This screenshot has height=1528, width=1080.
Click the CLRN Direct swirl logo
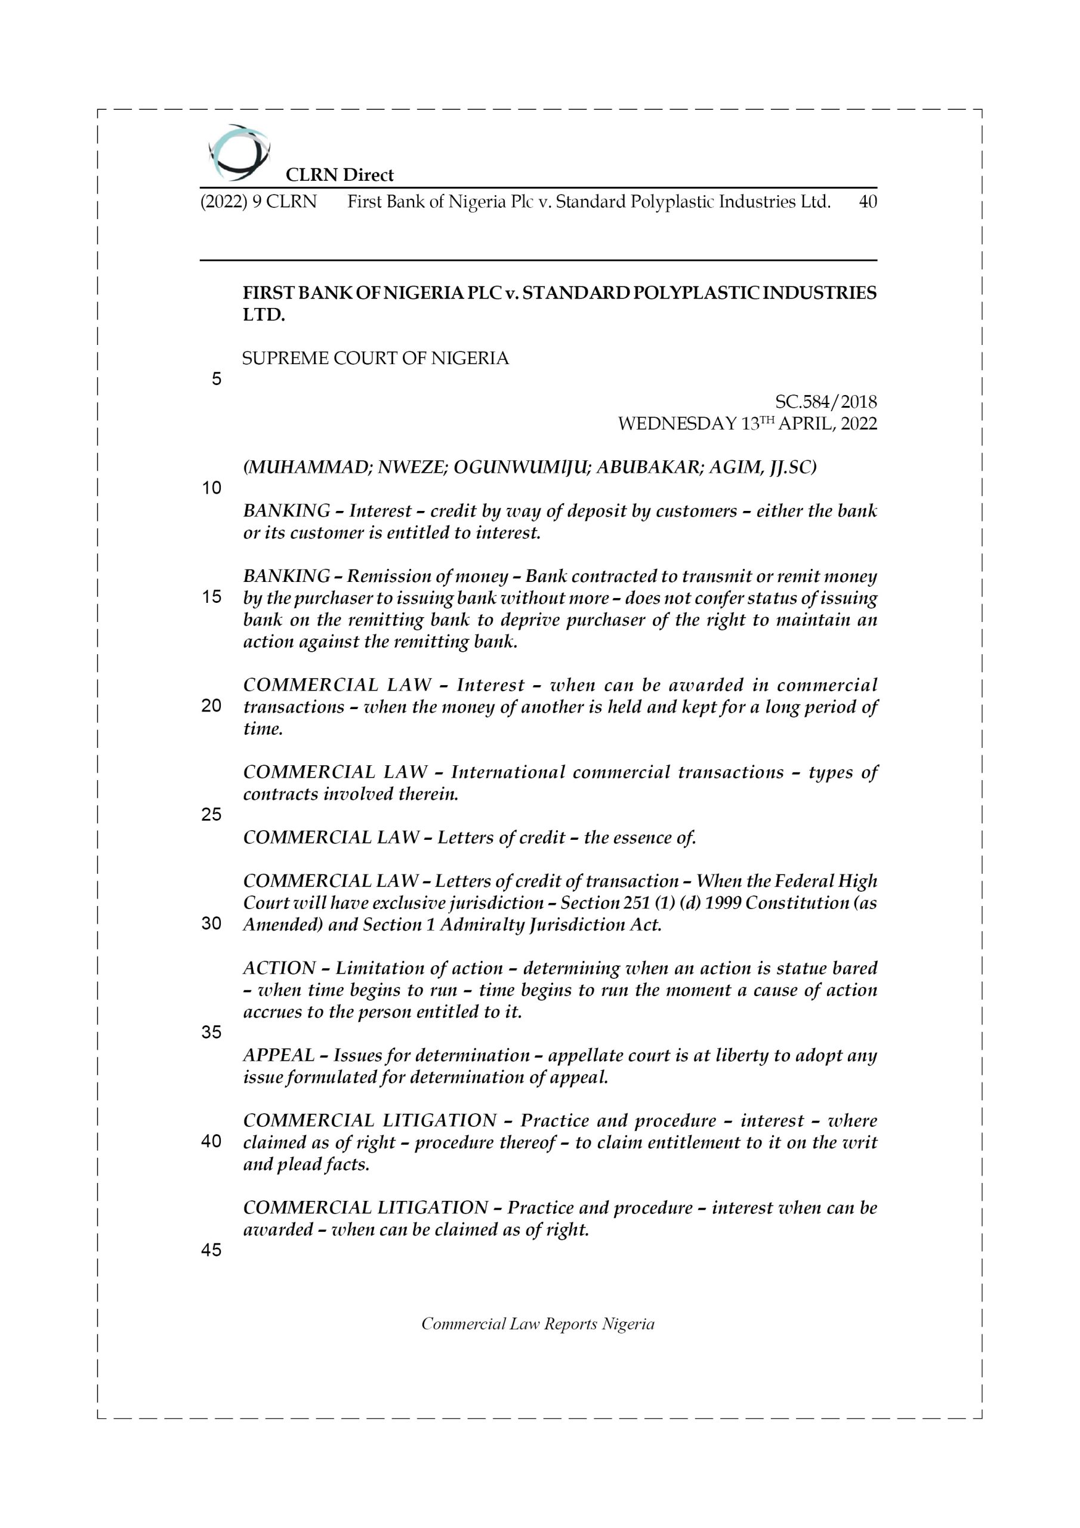pos(238,152)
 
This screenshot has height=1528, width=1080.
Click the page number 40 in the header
pos(868,202)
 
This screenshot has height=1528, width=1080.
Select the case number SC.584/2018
pos(826,402)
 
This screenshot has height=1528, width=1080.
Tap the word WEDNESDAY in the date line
pos(677,424)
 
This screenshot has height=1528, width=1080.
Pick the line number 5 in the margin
pos(216,380)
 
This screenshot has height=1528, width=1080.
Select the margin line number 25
pos(211,815)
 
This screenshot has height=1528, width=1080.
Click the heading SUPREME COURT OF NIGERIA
pos(375,359)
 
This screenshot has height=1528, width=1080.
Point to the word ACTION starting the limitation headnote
pos(279,968)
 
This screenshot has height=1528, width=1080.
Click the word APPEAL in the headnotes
pos(279,1055)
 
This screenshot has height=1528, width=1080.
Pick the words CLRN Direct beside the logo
pos(340,175)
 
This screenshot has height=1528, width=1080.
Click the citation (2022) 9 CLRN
pos(259,202)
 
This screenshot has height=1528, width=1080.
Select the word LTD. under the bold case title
pos(264,315)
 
